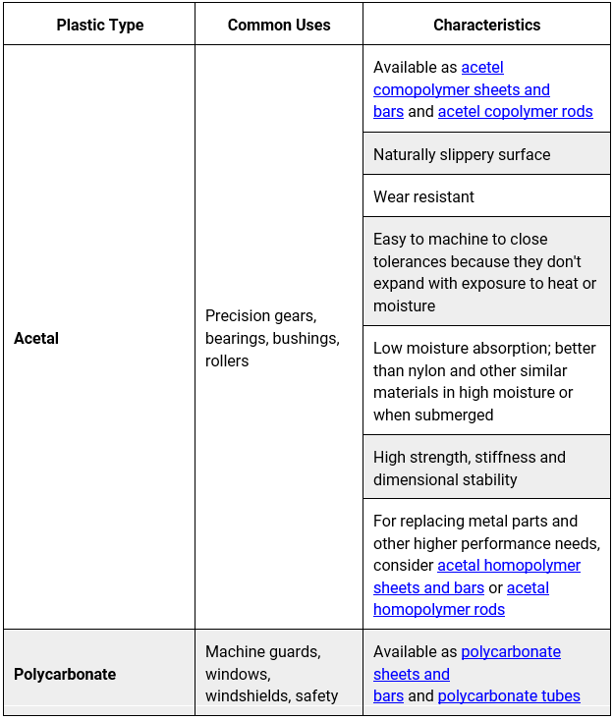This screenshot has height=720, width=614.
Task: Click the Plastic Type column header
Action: [x=99, y=25]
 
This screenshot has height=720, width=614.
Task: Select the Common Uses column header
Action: [x=279, y=25]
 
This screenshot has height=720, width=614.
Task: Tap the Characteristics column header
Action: [x=486, y=25]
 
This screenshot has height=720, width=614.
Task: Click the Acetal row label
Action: [x=36, y=338]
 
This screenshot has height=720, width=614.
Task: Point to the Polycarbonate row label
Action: [x=65, y=674]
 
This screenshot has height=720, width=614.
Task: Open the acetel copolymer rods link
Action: [x=515, y=111]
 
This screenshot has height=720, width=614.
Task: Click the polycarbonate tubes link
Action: [x=509, y=695]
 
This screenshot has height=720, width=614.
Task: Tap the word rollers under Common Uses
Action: [x=227, y=360]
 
